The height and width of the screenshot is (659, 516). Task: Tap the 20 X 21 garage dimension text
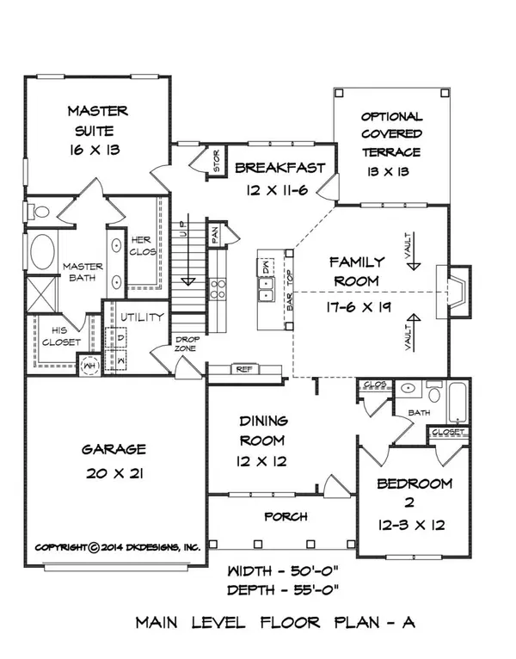[114, 474]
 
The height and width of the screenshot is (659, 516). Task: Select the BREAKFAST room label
[279, 168]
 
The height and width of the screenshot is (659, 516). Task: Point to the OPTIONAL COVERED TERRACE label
[391, 134]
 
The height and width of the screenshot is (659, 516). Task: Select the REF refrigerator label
[243, 368]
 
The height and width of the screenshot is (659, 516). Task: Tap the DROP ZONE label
[187, 343]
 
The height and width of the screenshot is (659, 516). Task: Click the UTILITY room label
[142, 317]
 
